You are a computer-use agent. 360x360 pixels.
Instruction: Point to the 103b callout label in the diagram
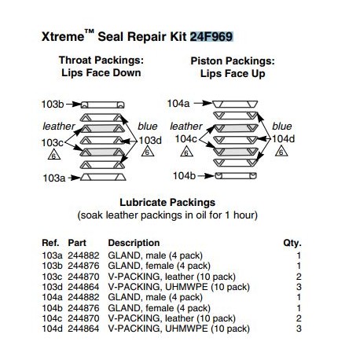pos(52,104)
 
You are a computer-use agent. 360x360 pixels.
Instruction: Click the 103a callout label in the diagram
pos(52,178)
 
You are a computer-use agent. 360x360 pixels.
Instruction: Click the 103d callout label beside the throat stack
pos(151,140)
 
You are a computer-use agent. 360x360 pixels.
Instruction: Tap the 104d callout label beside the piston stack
pos(285,139)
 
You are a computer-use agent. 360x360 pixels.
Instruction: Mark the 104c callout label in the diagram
pos(186,139)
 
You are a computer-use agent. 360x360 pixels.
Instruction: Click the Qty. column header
pos(292,243)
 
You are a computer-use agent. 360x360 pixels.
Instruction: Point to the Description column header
pos(134,243)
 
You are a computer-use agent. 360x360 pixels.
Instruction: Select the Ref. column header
pos(50,243)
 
